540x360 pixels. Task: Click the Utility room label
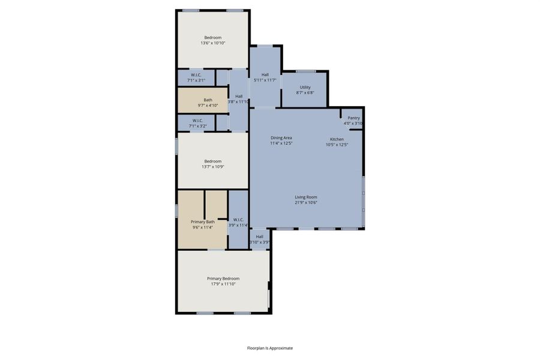[x=305, y=87]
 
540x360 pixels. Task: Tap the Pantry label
[x=353, y=118]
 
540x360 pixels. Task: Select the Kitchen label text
[x=337, y=139]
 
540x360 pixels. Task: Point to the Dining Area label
[x=281, y=138]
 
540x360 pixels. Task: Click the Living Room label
[x=305, y=197]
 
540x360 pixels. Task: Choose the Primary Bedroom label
[x=223, y=278]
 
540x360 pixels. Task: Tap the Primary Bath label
[x=202, y=222]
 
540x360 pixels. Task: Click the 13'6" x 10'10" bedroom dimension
[x=212, y=43]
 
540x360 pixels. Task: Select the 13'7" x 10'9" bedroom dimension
[x=212, y=167]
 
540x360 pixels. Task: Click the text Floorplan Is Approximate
[x=270, y=348]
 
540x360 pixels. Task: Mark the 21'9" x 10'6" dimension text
[x=305, y=203]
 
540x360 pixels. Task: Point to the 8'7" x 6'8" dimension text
[x=305, y=93]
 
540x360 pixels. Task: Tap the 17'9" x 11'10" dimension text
[x=223, y=284]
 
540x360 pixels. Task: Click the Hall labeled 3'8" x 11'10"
[x=239, y=99]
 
